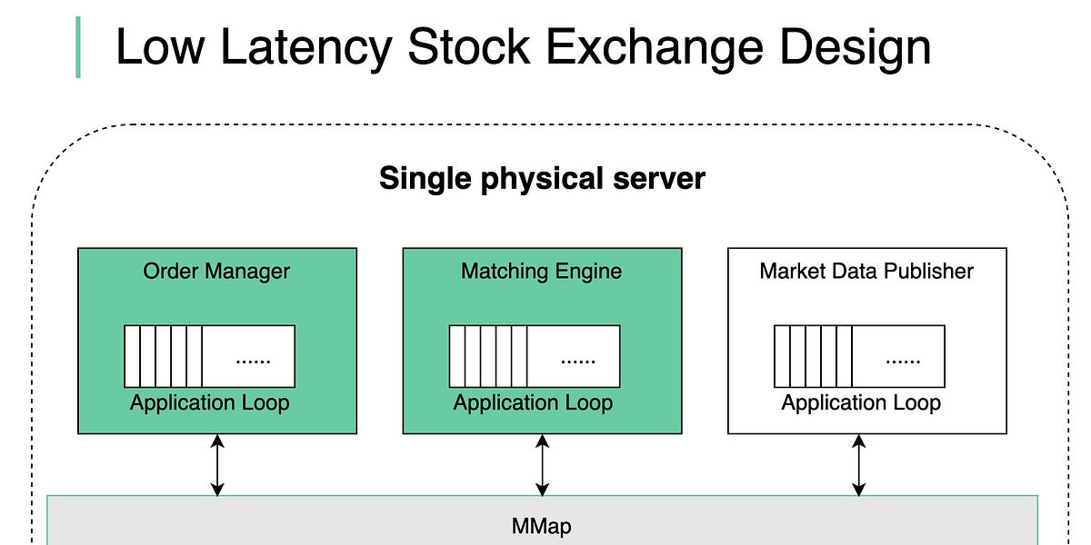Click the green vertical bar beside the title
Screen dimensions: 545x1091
pyautogui.click(x=77, y=47)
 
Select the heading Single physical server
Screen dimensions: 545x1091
pyautogui.click(x=542, y=177)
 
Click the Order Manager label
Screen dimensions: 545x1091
pyautogui.click(x=216, y=271)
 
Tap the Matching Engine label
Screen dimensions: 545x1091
pyautogui.click(x=541, y=271)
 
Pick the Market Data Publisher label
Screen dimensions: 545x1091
pyautogui.click(x=866, y=271)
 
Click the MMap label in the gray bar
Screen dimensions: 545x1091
pyautogui.click(x=542, y=526)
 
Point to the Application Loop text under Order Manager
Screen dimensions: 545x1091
pyautogui.click(x=209, y=402)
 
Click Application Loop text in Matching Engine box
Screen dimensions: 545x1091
pyautogui.click(x=534, y=402)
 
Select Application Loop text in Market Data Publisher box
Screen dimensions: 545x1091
pyautogui.click(x=861, y=402)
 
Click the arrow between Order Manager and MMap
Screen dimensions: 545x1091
pyautogui.click(x=217, y=465)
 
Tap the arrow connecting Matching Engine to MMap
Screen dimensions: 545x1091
pyautogui.click(x=543, y=465)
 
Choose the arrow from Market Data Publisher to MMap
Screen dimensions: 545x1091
pyautogui.click(x=858, y=465)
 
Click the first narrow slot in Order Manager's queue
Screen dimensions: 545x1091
pyautogui.click(x=132, y=356)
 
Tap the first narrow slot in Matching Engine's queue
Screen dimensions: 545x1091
pyautogui.click(x=457, y=356)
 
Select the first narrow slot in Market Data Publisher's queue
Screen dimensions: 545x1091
pyautogui.click(x=782, y=356)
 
